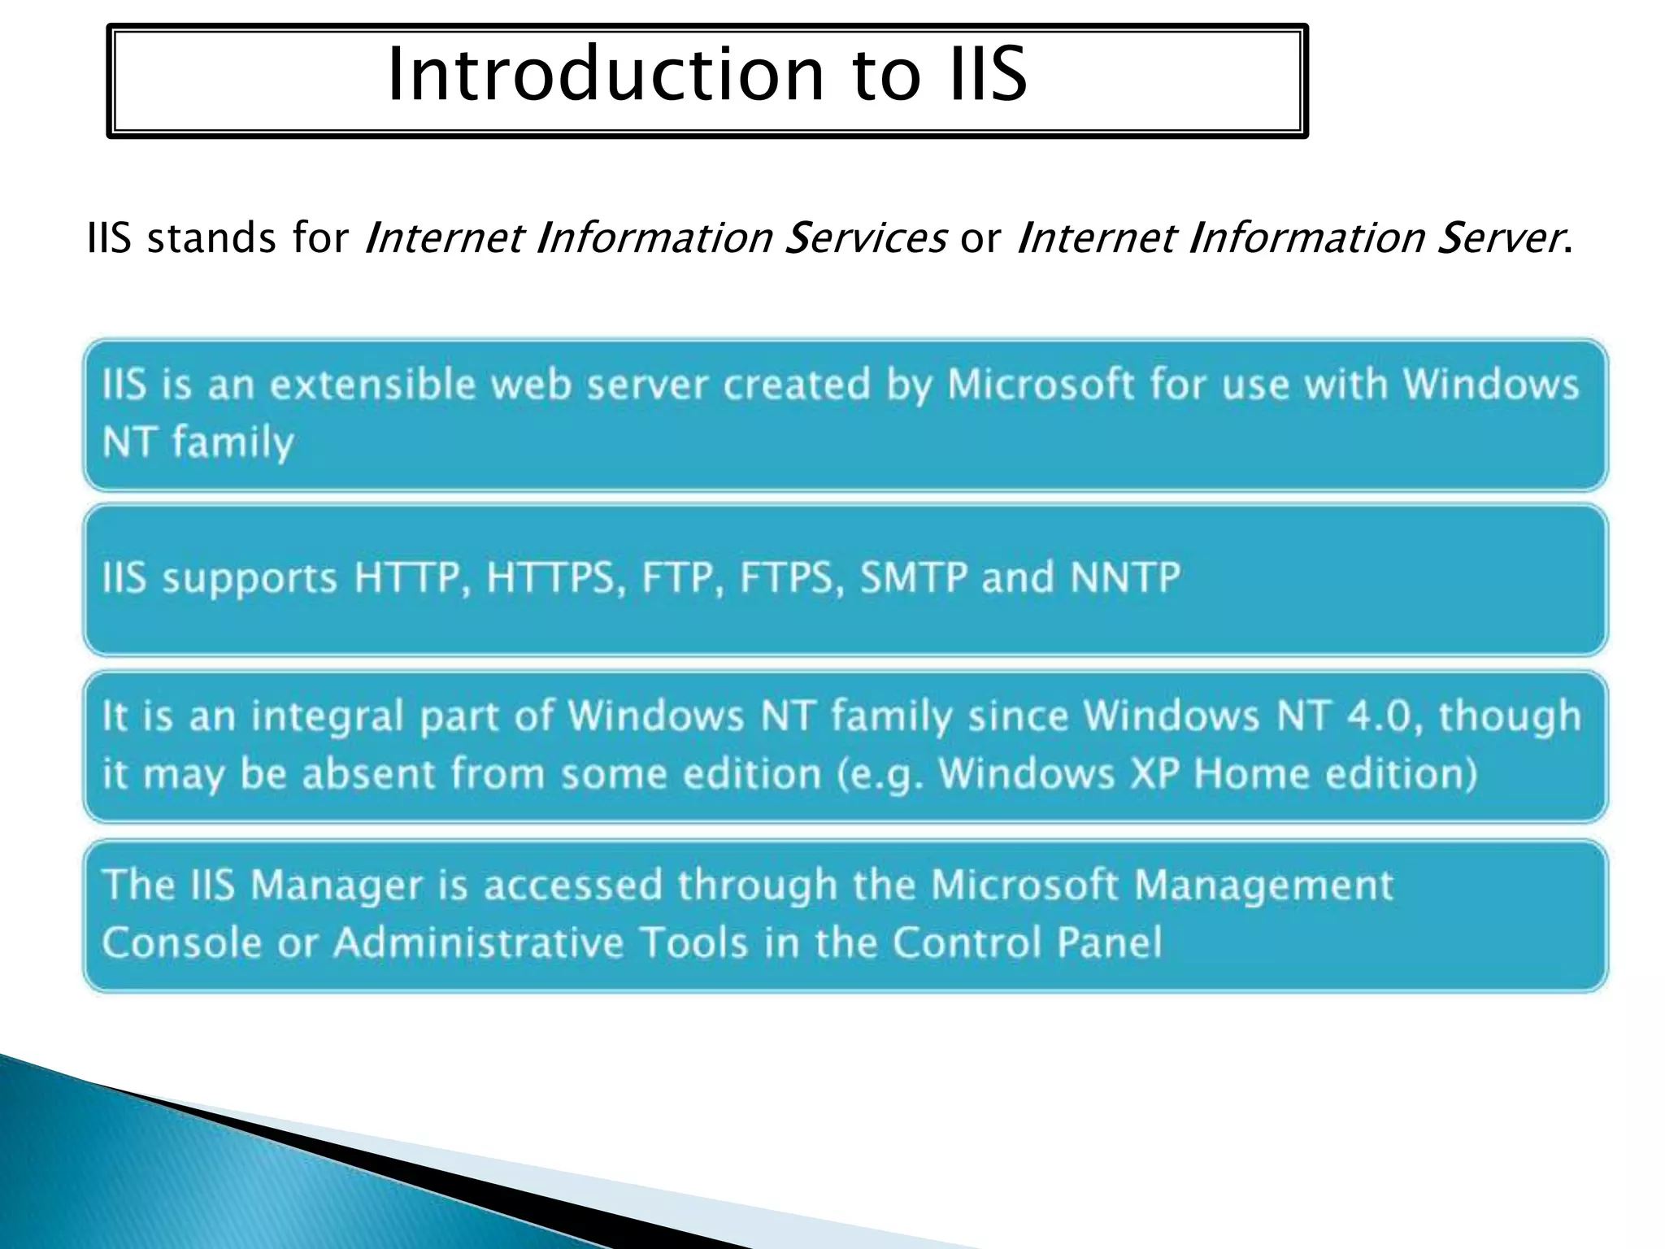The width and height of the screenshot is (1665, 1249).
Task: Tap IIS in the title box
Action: (988, 75)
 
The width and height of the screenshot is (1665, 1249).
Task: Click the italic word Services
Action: (865, 238)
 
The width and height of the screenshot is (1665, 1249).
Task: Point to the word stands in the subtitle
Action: (211, 238)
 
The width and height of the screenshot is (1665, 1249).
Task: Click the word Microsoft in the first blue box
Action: (1041, 384)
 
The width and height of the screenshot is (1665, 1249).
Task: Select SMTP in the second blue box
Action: (914, 578)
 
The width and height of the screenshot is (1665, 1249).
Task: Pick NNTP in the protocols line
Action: (1125, 578)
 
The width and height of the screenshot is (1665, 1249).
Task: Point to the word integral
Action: (327, 716)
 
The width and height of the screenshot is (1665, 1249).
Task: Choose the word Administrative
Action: (478, 943)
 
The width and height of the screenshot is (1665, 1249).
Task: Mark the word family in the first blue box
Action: (233, 443)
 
